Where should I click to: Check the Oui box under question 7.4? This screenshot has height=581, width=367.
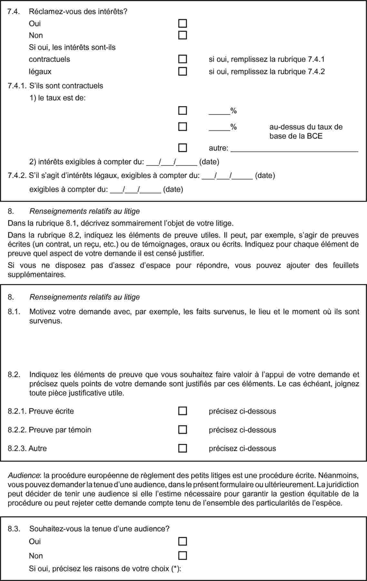[x=183, y=23]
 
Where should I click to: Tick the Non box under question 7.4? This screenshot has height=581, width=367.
[x=183, y=35]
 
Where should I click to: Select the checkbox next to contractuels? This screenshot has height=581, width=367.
[x=183, y=59]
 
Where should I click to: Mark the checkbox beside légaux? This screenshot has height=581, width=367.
[x=183, y=71]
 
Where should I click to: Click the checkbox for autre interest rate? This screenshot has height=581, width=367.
[x=183, y=148]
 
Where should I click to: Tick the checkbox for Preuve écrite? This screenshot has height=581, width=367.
[x=183, y=411]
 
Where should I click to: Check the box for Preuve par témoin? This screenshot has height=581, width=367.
[x=183, y=430]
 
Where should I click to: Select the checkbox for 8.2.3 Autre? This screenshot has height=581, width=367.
[x=183, y=448]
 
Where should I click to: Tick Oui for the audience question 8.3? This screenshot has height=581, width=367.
[x=183, y=541]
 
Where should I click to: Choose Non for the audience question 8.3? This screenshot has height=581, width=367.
[x=183, y=556]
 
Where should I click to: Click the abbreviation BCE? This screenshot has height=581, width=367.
[x=314, y=136]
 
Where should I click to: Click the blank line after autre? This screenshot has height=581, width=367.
[x=295, y=149]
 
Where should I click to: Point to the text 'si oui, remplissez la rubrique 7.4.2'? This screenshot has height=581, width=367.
[x=267, y=71]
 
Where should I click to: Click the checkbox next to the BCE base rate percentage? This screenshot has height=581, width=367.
[x=183, y=127]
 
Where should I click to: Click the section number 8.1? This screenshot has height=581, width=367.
[x=14, y=312]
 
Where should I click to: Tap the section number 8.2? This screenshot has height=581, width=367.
[x=14, y=375]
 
